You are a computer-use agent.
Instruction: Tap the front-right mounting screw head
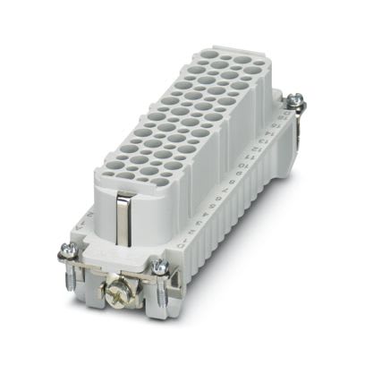coord(159,264)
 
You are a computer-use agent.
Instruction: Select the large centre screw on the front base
coord(117,292)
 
